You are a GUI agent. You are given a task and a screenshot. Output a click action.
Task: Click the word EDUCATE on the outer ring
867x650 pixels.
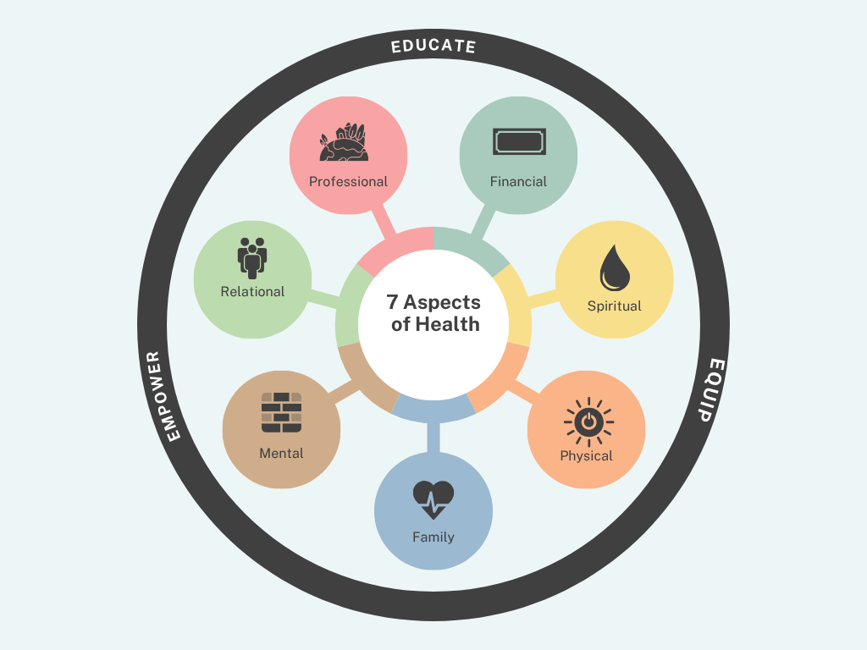pos(433,46)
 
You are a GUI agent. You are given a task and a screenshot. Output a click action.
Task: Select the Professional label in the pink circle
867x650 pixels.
pos(348,181)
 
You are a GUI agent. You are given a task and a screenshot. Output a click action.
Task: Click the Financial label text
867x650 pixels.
pos(518,181)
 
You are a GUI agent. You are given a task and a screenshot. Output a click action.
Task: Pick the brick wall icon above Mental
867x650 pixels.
pos(281,413)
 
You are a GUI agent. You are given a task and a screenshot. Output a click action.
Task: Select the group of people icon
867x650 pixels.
pos(252,257)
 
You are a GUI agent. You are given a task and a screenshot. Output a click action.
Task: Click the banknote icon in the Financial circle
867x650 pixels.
pos(518,141)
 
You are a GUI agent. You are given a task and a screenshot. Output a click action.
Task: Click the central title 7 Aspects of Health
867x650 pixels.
pos(434,313)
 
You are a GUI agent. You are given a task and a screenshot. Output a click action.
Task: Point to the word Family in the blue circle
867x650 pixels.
pos(433,537)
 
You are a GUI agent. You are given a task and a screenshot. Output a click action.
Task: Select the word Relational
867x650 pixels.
pos(252,291)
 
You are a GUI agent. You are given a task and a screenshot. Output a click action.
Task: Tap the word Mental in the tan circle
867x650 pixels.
pos(281,453)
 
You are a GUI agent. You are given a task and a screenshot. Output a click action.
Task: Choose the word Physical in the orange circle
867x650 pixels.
pos(586,455)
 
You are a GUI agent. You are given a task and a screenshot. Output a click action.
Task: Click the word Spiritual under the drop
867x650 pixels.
pos(615,306)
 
